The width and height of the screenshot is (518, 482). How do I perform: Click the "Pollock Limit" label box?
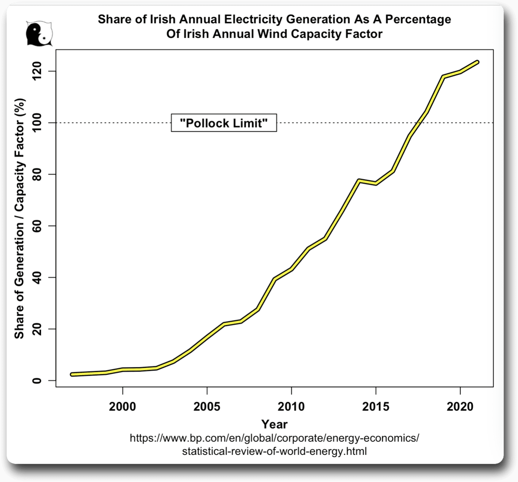coord(224,123)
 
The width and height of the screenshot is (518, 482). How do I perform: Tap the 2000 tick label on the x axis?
coord(122,406)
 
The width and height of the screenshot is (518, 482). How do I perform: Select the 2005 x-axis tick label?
coord(207,406)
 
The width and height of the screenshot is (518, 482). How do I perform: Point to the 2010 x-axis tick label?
coord(291,406)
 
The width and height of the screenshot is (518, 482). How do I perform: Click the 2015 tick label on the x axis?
coord(375,406)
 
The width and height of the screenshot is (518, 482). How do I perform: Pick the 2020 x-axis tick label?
coord(460,406)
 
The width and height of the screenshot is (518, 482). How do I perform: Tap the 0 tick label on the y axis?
coord(37,381)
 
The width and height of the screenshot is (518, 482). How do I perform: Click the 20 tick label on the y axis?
coord(37,329)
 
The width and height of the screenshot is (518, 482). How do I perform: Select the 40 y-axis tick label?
coord(37,278)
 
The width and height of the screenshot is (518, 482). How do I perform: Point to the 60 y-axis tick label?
coord(37,226)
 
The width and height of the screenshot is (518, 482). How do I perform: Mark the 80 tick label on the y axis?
coord(37,174)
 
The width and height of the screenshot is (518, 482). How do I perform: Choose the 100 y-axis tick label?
coord(37,123)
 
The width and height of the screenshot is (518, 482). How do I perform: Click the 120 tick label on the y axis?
coord(37,72)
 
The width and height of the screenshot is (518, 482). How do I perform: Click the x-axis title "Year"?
coord(274,424)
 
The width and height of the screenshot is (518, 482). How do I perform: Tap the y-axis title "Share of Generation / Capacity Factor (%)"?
coord(19,218)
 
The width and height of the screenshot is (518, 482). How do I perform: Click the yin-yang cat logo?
coord(39,33)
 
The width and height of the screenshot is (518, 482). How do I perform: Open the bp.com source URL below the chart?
coord(274,444)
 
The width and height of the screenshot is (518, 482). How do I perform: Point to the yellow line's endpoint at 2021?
coord(477,62)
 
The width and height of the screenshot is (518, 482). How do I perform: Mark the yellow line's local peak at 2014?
coord(359,181)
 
